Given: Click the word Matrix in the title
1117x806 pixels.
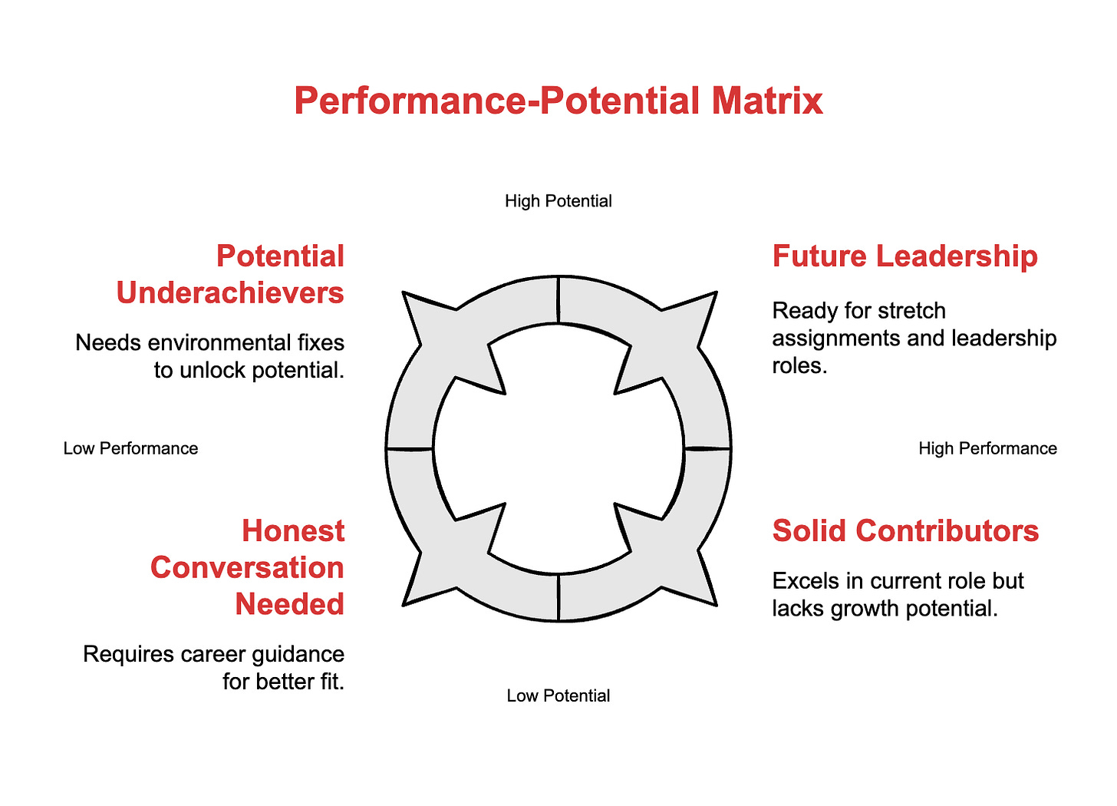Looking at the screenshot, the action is click(766, 101).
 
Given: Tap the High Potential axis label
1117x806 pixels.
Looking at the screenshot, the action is click(558, 201).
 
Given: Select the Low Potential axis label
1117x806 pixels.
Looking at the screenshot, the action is click(558, 695).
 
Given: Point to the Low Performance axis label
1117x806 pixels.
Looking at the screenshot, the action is click(130, 448).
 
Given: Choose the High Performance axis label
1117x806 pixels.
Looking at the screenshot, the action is click(987, 448).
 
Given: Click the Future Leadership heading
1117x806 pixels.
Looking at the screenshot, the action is click(904, 256).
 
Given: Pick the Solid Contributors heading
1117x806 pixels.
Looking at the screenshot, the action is click(905, 531).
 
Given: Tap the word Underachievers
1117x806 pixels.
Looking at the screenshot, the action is click(230, 293).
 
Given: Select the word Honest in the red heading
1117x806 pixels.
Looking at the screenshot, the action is click(293, 531).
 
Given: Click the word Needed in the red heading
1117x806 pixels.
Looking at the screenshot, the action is click(289, 605).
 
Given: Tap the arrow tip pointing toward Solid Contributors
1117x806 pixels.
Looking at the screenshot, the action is click(713, 603).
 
